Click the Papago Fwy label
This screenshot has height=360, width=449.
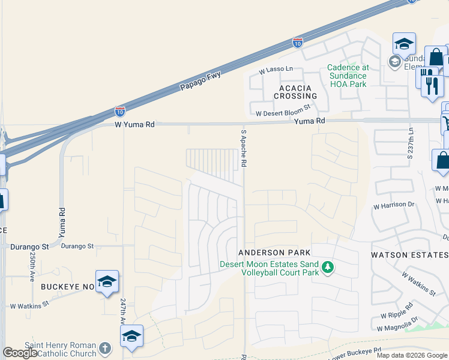point(200,82)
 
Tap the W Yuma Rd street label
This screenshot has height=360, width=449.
point(134,125)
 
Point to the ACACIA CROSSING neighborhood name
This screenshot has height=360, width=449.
point(295,92)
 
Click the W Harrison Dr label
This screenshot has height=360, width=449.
point(394,205)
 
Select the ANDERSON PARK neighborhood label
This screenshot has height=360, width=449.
point(274,253)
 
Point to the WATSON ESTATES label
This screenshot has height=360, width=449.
point(409,255)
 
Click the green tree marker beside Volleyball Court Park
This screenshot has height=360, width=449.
point(327,267)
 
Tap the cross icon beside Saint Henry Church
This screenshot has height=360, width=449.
point(105,349)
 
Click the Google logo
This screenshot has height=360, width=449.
point(20,353)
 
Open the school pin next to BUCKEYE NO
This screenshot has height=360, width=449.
point(107,281)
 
